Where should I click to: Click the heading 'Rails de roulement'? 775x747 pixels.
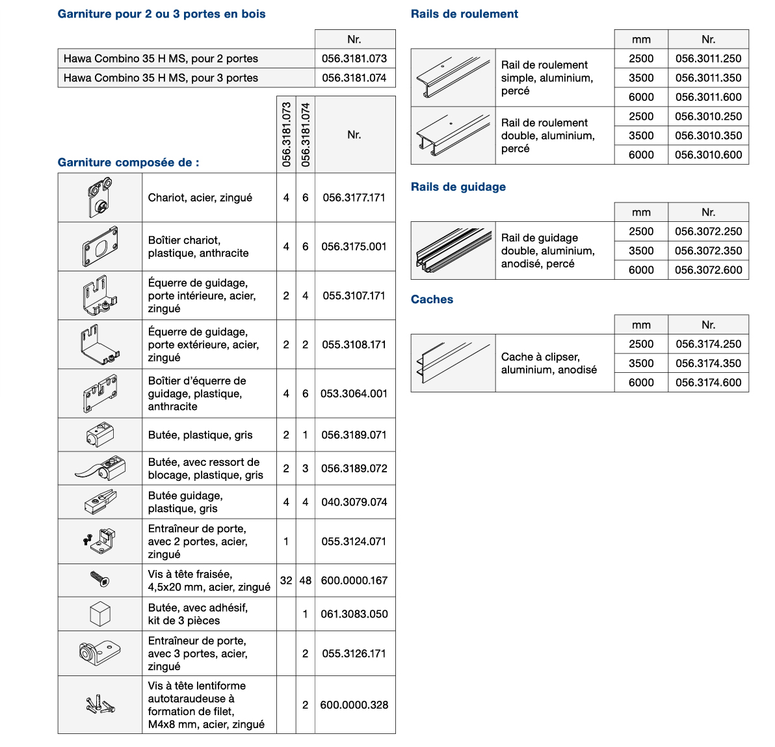pos(464,14)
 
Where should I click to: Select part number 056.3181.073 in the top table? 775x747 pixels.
pos(354,59)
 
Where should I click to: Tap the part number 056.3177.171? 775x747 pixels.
pos(354,198)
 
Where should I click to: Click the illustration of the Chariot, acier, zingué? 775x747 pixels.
pos(100,198)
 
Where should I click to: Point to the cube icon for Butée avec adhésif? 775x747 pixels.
pos(100,614)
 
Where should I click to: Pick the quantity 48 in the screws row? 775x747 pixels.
pos(306,580)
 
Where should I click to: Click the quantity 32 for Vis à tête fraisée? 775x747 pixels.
pos(286,580)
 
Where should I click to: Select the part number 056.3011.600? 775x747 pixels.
pos(708,97)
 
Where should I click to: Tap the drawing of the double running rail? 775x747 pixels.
pos(453,135)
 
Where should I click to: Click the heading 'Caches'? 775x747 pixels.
pos(432,299)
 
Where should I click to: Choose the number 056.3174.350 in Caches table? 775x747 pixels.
pos(708,363)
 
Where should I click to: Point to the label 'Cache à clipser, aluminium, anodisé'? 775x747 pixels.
pos(549,363)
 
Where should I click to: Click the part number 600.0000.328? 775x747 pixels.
pos(354,705)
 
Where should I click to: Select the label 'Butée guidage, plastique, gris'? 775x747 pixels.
pos(185,502)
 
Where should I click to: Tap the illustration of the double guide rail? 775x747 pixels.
pos(453,251)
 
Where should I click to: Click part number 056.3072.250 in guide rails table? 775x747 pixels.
pos(708,232)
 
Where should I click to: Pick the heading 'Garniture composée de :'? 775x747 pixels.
pos(128,163)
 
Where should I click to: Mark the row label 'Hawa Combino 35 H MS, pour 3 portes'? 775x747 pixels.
pos(161,78)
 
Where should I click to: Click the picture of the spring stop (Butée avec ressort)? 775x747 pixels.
pos(100,469)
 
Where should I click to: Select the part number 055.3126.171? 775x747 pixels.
pos(354,653)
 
